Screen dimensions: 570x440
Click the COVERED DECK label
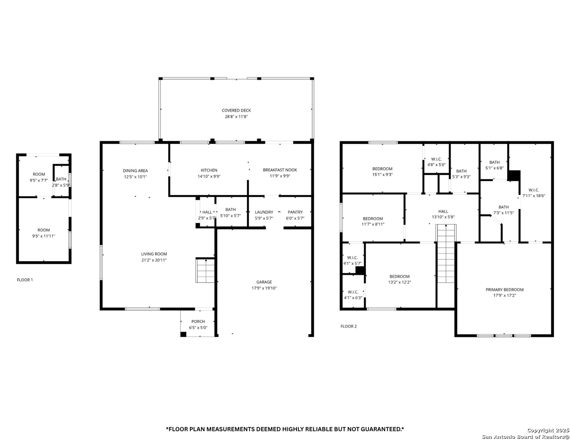(x=236, y=110)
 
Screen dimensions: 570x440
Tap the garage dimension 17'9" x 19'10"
(x=264, y=288)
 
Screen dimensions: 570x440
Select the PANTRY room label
(x=295, y=212)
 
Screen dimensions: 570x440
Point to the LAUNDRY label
(x=264, y=212)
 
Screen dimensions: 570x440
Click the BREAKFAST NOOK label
(x=280, y=170)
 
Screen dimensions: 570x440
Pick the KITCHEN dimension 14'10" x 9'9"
(x=209, y=176)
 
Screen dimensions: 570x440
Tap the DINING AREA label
(x=135, y=171)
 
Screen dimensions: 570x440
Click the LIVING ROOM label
(x=154, y=254)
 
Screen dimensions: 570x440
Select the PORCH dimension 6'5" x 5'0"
(x=198, y=328)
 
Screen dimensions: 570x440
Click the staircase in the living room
(x=205, y=270)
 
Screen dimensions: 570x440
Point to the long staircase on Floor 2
(x=446, y=254)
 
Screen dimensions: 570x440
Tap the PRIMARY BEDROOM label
(x=504, y=290)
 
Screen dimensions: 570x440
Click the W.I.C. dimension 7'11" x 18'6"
(x=534, y=196)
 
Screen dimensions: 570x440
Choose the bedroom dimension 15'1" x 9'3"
(x=382, y=174)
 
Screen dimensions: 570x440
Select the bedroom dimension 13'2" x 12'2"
(x=399, y=282)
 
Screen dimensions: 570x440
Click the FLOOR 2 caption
(x=348, y=326)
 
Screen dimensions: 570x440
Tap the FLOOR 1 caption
(x=25, y=280)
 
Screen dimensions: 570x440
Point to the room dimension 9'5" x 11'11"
(x=44, y=236)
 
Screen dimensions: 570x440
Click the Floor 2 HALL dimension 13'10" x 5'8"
(x=443, y=217)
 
